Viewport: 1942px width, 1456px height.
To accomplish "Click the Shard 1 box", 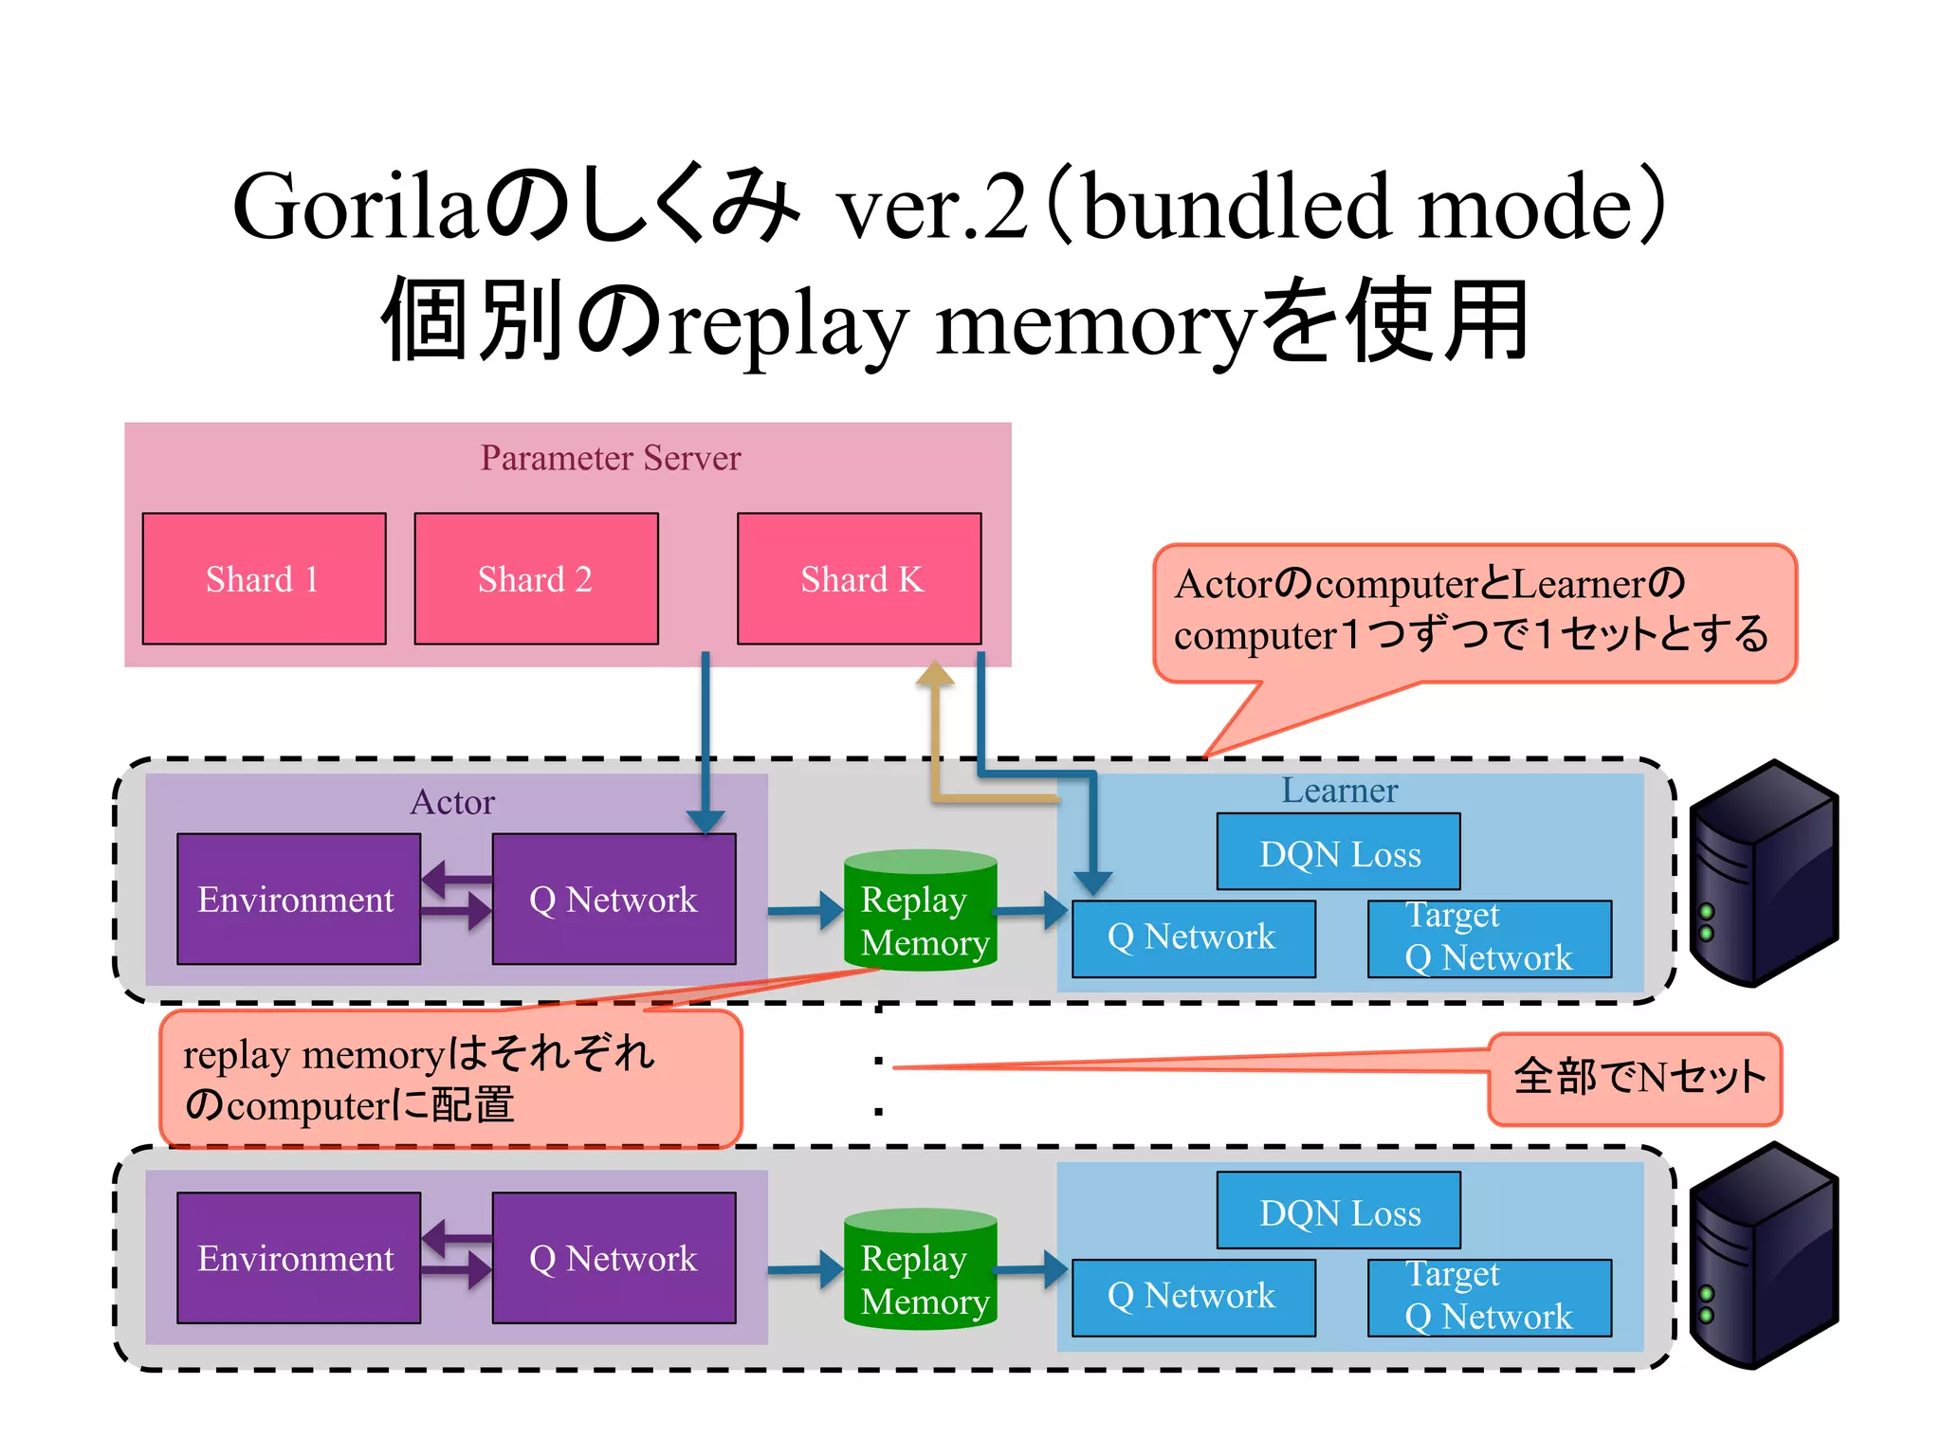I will [x=264, y=578].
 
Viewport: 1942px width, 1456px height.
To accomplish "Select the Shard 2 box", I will [x=536, y=578].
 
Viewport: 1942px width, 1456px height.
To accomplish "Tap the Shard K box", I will [x=859, y=578].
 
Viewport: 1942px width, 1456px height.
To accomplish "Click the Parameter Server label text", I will [x=610, y=458].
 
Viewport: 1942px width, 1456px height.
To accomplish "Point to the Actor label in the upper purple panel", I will [x=452, y=802].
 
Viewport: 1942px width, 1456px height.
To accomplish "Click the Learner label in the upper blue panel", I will [x=1339, y=791].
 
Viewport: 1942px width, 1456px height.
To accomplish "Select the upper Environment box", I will [x=298, y=899].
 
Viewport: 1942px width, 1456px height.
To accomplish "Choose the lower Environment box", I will [x=298, y=1258].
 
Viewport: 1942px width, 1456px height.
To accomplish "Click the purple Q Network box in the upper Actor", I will [x=614, y=899].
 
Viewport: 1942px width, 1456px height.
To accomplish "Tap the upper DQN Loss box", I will [x=1338, y=852].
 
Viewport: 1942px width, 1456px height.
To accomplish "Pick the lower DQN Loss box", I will [x=1338, y=1210].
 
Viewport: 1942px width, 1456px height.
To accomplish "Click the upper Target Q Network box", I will [x=1489, y=938].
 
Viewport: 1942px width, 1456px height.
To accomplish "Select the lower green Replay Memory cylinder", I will [x=920, y=1270].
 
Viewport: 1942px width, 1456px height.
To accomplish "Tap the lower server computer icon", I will [x=1764, y=1256].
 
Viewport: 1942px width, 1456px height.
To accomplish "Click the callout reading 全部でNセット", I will [x=1636, y=1079].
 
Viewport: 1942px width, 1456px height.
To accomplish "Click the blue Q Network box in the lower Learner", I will [x=1193, y=1297].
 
